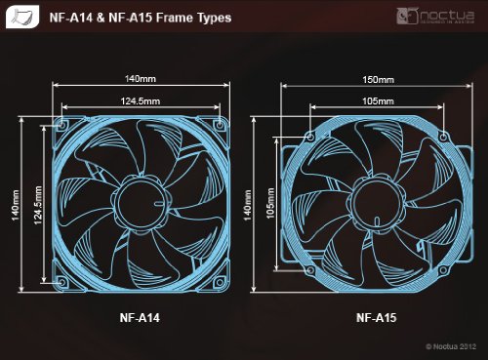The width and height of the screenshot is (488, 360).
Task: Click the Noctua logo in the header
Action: tap(435, 17)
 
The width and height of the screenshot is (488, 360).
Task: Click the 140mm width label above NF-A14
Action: tap(141, 79)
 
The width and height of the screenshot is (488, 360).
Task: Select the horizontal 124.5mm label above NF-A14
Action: tap(141, 101)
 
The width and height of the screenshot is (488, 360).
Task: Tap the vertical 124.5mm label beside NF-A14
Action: tap(38, 205)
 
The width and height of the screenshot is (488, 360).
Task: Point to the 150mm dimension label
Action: tap(378, 80)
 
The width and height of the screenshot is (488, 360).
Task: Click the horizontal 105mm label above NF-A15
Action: tap(378, 101)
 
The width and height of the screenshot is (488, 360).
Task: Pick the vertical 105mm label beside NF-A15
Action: tap(270, 203)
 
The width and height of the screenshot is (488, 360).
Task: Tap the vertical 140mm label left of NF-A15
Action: tap(247, 205)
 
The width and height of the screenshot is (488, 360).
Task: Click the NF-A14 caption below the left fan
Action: tap(140, 317)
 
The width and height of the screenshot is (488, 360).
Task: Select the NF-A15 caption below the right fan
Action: tap(377, 317)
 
